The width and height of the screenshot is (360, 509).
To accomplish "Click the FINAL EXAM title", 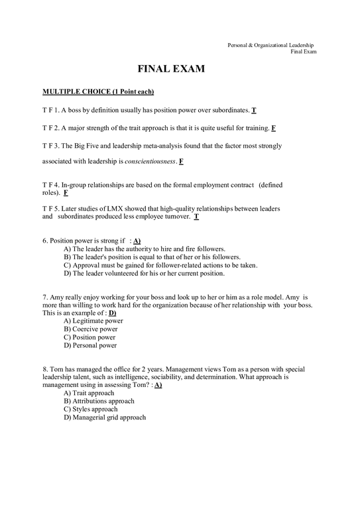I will (170, 68).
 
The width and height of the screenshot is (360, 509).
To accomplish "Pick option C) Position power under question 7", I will (90, 337).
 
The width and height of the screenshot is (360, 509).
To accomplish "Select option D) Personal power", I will (90, 345).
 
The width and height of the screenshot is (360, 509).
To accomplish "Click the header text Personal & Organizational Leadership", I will (272, 44).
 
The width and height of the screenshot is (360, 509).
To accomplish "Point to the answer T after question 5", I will (197, 217).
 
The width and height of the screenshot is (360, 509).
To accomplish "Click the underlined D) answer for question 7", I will (113, 312).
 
